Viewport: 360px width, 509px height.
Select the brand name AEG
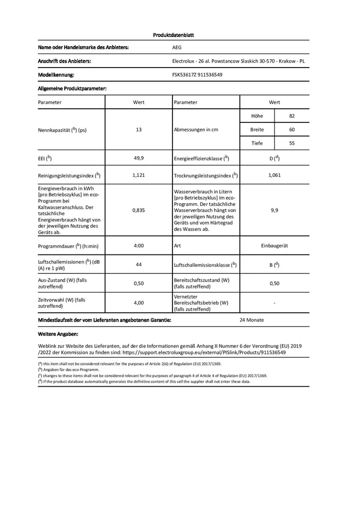(177, 48)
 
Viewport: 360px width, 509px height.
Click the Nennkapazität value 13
(139, 129)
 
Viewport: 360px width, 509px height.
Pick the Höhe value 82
(292, 116)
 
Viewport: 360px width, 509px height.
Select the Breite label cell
(257, 129)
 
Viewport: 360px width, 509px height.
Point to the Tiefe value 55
(292, 143)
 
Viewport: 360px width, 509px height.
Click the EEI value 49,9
(139, 158)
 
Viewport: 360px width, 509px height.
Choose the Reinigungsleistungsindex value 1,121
(139, 175)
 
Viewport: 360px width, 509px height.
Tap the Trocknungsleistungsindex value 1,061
(274, 175)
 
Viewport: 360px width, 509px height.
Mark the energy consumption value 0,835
(139, 210)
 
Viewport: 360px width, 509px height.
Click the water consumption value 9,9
(274, 210)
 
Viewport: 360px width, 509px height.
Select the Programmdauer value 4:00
(139, 246)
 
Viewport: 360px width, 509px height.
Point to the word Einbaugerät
(274, 246)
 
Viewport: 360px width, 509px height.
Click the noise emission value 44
(139, 264)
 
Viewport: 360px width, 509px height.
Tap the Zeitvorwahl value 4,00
(139, 302)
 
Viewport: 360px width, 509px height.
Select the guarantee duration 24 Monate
(252, 320)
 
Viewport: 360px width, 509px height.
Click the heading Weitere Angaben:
(58, 334)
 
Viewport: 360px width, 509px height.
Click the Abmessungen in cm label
(196, 129)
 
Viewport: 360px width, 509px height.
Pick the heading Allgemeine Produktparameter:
(73, 88)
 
